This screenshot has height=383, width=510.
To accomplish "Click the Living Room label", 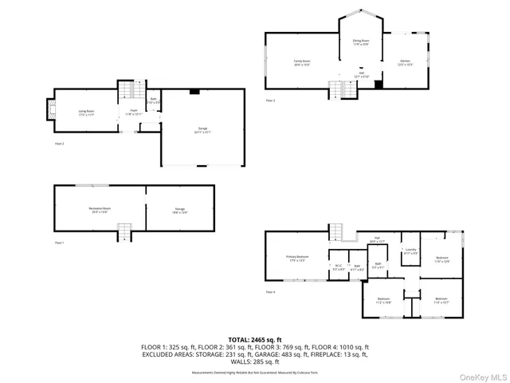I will (86, 113).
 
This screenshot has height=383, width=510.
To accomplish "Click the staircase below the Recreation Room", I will (124, 232).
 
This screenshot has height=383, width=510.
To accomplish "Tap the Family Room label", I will (302, 61).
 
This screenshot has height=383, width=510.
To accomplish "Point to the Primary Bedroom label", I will (297, 258).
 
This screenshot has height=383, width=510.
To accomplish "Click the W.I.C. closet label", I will (338, 267).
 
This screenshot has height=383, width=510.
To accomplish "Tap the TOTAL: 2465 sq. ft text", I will (255, 340).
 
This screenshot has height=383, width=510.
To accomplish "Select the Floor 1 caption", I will (60, 242).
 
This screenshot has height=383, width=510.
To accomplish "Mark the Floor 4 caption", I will (271, 292).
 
